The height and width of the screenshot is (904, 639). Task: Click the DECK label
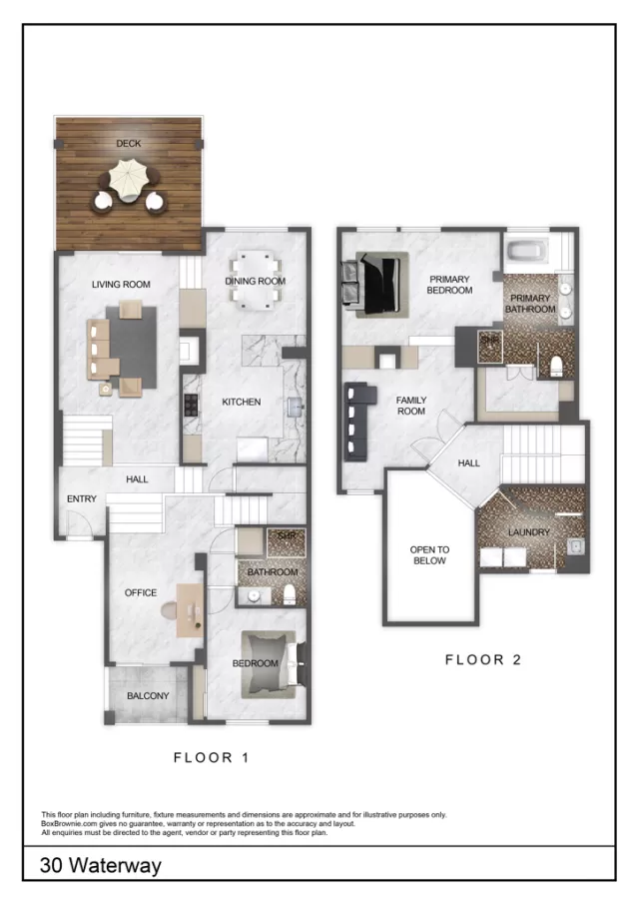tap(128, 144)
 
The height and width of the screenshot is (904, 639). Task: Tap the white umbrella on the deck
tap(128, 183)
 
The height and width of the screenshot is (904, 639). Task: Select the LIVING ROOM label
tap(121, 285)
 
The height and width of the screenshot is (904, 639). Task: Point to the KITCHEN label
tap(241, 402)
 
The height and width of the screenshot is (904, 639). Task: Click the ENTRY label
tap(81, 499)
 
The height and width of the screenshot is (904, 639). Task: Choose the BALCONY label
tap(148, 696)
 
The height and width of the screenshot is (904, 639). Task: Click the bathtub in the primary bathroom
tap(525, 252)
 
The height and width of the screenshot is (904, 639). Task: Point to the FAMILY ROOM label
tap(410, 406)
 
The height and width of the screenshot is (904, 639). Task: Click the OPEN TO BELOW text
tap(429, 555)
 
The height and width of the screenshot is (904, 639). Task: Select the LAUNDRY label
tap(528, 532)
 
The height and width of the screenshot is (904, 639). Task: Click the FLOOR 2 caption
tap(482, 659)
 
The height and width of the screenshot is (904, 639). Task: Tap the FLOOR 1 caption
tap(211, 757)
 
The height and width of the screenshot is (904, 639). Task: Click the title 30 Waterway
tap(100, 865)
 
